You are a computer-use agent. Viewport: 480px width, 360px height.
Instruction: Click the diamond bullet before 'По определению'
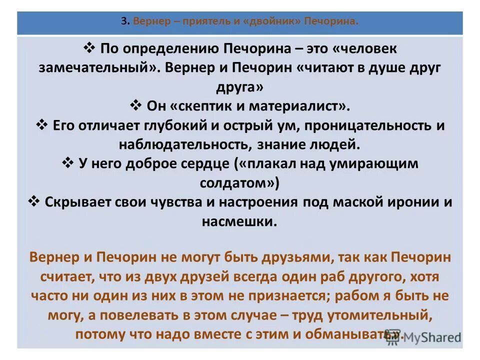pos(89,48)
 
